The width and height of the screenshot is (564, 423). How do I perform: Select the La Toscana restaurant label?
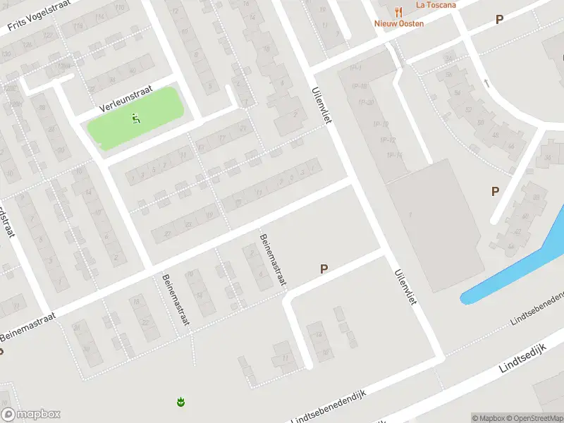coord(436,4)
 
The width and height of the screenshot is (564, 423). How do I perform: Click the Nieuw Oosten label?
coord(399,23)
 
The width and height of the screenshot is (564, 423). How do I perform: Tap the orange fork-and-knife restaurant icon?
coord(398,11)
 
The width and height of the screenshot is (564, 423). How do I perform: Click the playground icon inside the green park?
coord(135,118)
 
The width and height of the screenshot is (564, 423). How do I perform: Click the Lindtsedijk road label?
coord(522,365)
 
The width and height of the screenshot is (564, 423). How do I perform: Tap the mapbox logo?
coord(30,415)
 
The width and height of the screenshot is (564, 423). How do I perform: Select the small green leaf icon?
coord(181,402)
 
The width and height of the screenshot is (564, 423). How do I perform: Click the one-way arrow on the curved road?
coord(486,83)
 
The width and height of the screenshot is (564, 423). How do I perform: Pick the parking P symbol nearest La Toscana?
coord(499,20)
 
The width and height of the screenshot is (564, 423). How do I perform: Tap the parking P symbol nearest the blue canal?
coord(495,191)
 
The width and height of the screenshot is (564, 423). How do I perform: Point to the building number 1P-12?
coord(387,139)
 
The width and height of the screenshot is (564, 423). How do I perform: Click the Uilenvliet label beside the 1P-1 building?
coord(321,106)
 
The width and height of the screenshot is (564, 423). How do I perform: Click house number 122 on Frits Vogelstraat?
coord(10,89)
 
